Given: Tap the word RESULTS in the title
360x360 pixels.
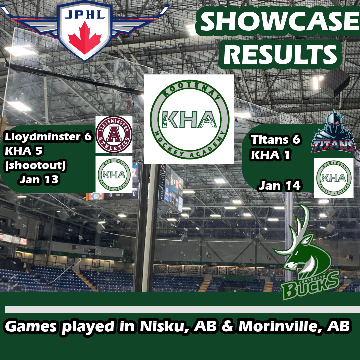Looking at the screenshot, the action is click(x=280, y=54).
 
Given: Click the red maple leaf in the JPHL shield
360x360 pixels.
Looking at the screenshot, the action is click(x=85, y=38).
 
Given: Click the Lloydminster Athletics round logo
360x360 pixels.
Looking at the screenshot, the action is click(x=114, y=134).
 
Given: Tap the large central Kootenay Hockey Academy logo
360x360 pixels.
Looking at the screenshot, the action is click(x=189, y=119).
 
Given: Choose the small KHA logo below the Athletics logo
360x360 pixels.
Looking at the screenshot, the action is click(x=114, y=175).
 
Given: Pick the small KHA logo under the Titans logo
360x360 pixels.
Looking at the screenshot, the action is click(x=334, y=178).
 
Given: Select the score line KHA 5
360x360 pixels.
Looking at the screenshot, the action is click(x=24, y=151).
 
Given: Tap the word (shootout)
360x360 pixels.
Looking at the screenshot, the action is click(x=35, y=165).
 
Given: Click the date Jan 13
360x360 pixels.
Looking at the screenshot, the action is click(x=39, y=180).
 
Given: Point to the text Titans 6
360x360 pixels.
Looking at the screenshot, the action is click(x=276, y=140).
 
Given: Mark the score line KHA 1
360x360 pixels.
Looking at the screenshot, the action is click(x=270, y=155).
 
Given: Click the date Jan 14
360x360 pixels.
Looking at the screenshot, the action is click(x=280, y=186).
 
